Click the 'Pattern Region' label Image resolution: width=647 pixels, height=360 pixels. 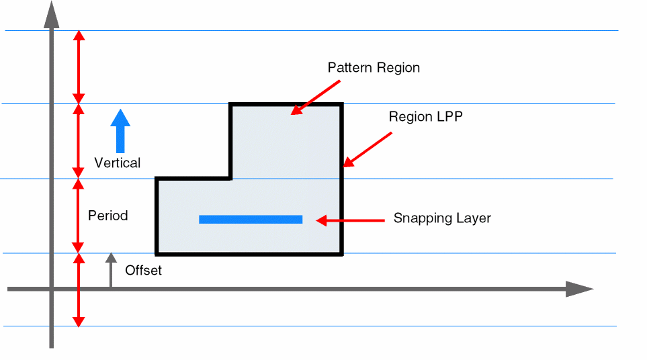coord(374,68)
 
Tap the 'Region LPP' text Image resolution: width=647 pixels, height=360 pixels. coord(426,116)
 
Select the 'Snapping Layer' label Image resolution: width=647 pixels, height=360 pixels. coord(442,218)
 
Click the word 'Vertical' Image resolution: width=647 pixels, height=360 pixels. coord(118,163)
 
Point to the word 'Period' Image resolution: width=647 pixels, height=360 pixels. coord(107,216)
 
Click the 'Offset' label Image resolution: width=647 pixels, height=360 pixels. coord(143,271)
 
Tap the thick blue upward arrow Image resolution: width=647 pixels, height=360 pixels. coord(120,130)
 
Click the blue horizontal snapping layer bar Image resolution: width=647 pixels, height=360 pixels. coord(251,219)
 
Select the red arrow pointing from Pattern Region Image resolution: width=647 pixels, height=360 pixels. coord(315,96)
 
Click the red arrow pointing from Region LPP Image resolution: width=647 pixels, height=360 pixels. coord(367,149)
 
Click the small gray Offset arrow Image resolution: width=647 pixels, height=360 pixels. coord(111,271)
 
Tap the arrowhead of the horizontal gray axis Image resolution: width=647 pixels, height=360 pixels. coord(579,289)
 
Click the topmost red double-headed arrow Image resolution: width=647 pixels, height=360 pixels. coord(79,67)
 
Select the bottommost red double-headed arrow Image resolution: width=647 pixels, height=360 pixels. coord(79,290)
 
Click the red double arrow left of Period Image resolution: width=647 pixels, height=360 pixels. coord(79,216)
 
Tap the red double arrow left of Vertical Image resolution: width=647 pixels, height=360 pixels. coord(79,141)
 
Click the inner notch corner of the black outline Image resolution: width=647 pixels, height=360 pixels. coord(231,179)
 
